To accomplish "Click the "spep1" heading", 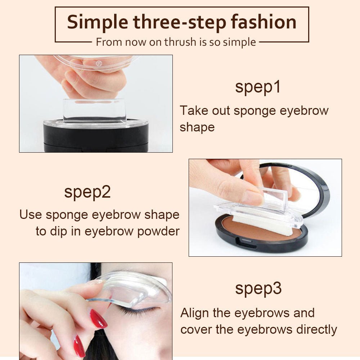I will (257, 87).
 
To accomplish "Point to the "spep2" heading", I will (87, 192).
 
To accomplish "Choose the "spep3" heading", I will (258, 289).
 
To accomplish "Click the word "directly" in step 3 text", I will (316, 329).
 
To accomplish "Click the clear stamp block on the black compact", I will (95, 110).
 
